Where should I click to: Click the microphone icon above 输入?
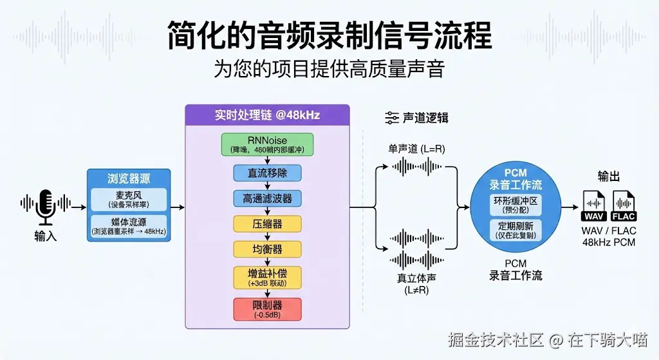click(x=45, y=205)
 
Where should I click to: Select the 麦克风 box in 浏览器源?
click(x=129, y=199)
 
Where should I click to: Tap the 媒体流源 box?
click(x=129, y=226)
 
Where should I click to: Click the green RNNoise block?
click(x=267, y=144)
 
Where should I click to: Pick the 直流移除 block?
click(x=267, y=173)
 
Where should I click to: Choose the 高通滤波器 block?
click(x=267, y=198)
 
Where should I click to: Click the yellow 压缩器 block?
click(x=267, y=223)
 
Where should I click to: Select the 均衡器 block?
click(x=267, y=249)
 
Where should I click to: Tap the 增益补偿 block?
click(x=267, y=277)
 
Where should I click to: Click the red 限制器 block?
click(x=267, y=308)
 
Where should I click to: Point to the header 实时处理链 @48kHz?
click(x=267, y=115)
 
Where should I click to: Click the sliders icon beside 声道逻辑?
click(x=391, y=118)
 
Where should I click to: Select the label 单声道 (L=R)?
click(x=416, y=149)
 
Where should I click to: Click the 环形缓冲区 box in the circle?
click(x=515, y=205)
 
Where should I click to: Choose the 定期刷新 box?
click(x=515, y=231)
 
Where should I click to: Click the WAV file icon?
click(x=593, y=207)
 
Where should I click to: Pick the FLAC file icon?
click(x=624, y=207)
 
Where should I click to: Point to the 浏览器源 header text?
click(x=129, y=178)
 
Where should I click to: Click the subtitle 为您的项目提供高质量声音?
click(x=329, y=69)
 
